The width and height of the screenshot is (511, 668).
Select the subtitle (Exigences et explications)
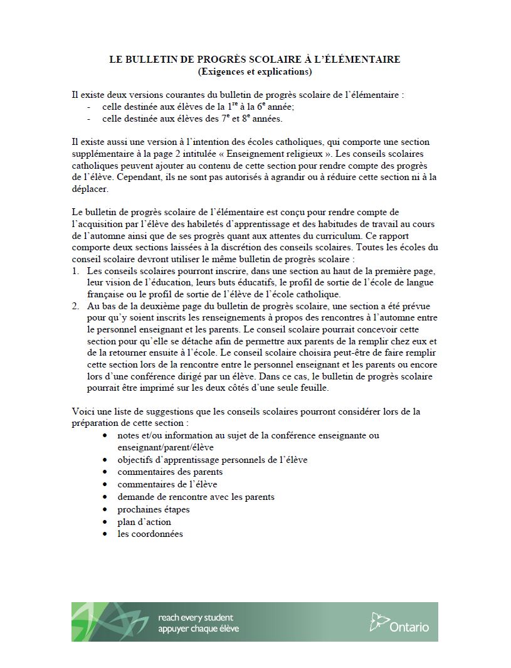[x=255, y=71]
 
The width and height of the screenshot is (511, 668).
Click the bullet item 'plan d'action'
[x=144, y=522]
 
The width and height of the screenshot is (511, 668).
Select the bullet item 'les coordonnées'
[x=150, y=534]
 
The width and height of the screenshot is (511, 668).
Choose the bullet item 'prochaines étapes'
[x=153, y=509]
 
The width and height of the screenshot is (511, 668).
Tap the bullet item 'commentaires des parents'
[x=170, y=472]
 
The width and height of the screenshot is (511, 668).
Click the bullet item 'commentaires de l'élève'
[x=167, y=484]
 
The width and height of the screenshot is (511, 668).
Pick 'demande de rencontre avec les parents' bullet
[x=196, y=497]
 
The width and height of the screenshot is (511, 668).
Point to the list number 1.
[x=75, y=270]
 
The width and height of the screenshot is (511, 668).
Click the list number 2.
[x=75, y=306]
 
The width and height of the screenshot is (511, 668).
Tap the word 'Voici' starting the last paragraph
[x=83, y=411]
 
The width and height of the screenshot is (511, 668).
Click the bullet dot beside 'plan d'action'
[x=105, y=522]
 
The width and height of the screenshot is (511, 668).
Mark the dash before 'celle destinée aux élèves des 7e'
[x=88, y=119]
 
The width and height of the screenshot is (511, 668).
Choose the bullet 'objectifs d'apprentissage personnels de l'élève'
[x=213, y=460]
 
